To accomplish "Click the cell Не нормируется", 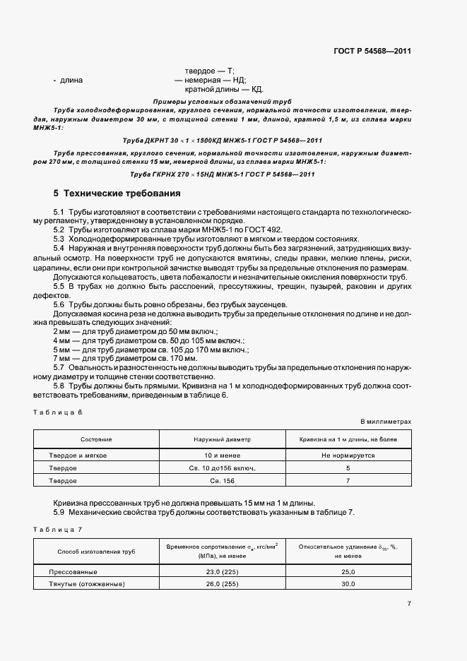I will [x=348, y=455].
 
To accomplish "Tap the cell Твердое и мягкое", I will [x=78, y=455].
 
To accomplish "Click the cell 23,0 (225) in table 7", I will [x=221, y=572].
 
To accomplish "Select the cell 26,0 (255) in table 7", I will [x=221, y=585].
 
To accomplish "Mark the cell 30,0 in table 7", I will [x=348, y=585].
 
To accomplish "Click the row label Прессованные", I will [x=73, y=572].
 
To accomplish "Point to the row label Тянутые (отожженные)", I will [x=87, y=585].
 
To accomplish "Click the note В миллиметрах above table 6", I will [x=386, y=422].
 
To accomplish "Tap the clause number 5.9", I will [x=59, y=512].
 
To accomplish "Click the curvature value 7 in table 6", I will [x=348, y=480].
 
